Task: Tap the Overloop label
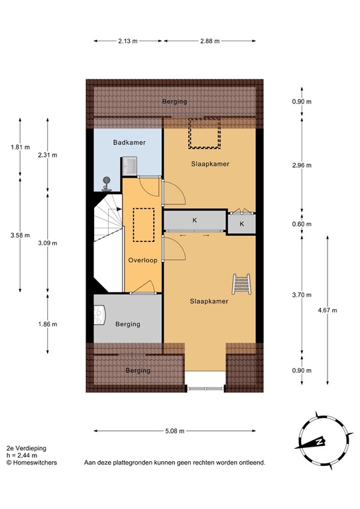click(143, 260)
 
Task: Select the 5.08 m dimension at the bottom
click(174, 430)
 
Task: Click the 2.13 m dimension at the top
click(127, 41)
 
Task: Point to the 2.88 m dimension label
click(210, 41)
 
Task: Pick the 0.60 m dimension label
click(302, 224)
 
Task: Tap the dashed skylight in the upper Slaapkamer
click(205, 133)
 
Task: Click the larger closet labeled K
click(194, 220)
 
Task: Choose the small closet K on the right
click(242, 224)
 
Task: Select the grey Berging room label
click(127, 324)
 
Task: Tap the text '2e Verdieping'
click(27, 449)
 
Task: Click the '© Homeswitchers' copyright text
click(31, 463)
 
